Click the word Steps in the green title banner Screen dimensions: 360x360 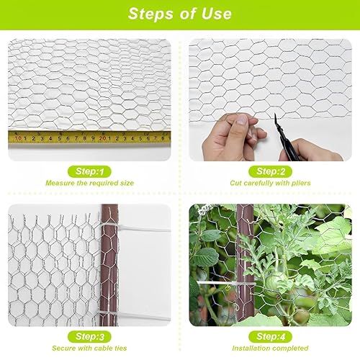[x=150, y=14]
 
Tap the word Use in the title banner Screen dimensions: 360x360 [x=217, y=14]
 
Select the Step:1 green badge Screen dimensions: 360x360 [x=89, y=171]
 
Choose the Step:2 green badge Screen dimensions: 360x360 [x=271, y=171]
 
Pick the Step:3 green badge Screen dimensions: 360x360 [x=89, y=337]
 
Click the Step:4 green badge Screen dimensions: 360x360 [x=271, y=337]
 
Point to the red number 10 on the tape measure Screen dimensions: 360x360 [x=18, y=138]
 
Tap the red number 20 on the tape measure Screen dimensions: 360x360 [x=102, y=138]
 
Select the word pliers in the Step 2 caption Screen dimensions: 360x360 [x=301, y=183]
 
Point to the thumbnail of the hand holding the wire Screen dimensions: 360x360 [x=241, y=120]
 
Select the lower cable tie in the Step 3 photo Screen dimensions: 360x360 [x=135, y=315]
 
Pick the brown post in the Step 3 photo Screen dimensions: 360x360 [x=109, y=265]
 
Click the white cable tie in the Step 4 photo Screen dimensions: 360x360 [x=225, y=284]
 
